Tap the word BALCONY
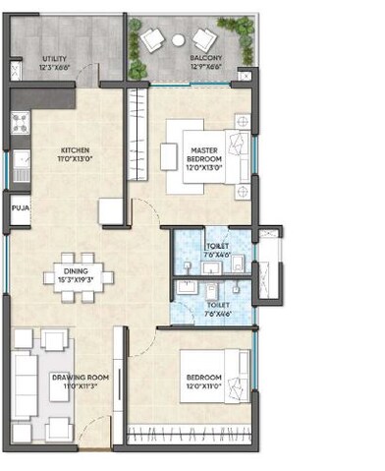206,58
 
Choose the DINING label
76,270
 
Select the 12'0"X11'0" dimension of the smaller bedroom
205,386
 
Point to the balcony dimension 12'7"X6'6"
206,67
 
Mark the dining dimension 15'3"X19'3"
76,279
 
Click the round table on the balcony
178,38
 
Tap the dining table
76,275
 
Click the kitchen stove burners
21,124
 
